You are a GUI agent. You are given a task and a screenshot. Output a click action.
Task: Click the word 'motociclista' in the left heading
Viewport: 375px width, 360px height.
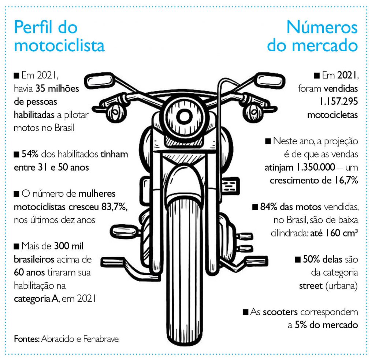59,45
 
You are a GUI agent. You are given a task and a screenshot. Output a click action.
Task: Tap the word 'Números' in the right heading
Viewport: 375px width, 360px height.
322,27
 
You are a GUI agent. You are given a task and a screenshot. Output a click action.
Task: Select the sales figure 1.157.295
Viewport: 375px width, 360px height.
339,102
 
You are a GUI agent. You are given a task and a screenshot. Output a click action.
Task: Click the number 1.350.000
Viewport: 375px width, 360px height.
316,167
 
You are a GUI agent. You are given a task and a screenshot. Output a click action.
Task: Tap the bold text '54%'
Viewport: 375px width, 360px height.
30,154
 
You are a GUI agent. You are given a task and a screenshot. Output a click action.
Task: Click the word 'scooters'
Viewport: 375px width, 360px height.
280,312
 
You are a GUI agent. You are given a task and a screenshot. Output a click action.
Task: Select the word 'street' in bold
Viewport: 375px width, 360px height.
311,286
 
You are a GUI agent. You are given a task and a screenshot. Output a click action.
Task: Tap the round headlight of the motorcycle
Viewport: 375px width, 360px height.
184,116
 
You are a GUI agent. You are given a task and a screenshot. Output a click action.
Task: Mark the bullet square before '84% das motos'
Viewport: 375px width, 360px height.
255,207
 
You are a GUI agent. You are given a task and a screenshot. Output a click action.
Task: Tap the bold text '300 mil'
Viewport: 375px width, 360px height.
69,246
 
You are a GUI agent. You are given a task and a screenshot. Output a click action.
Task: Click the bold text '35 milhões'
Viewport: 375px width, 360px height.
57,89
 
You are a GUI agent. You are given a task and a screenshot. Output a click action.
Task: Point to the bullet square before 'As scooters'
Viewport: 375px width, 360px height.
246,312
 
